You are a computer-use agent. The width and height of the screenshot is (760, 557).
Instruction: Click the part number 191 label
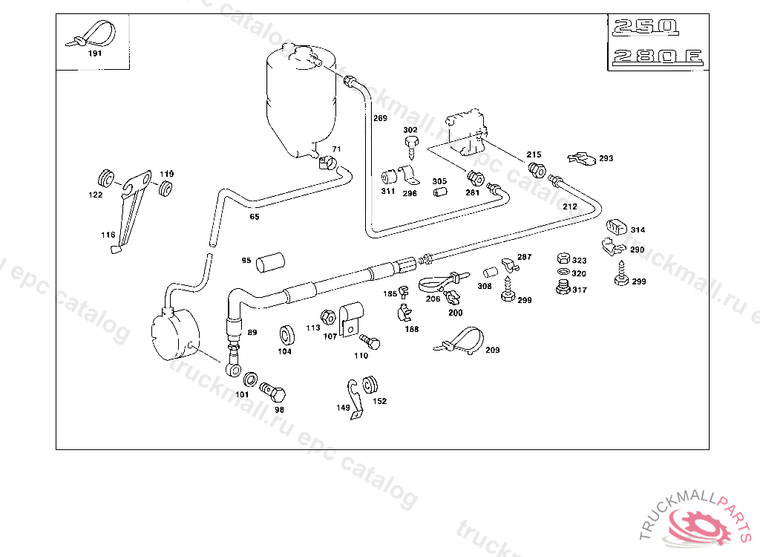95,53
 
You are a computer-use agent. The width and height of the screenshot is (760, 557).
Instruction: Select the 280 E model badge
656,57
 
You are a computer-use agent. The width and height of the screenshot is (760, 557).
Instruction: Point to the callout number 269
380,119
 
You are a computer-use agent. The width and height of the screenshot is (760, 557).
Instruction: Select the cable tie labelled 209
464,341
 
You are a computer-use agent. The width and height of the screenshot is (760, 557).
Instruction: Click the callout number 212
569,206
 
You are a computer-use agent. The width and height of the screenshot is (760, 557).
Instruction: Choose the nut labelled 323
563,259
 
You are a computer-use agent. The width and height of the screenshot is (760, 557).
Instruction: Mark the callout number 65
255,217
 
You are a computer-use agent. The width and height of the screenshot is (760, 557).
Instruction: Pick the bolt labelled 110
370,342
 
